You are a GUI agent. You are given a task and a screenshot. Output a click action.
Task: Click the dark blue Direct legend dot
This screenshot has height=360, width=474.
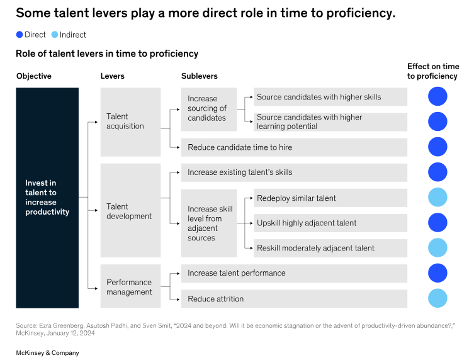20,35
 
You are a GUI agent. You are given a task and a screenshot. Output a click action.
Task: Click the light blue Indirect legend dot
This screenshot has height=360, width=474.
55,35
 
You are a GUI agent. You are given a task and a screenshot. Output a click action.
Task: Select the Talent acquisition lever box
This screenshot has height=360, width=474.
130,122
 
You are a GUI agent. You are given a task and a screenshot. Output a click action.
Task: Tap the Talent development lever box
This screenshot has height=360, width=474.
130,210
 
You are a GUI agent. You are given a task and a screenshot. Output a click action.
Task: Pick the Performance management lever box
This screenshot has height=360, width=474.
130,286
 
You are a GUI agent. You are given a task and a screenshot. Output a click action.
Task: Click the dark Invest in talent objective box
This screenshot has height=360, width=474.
47,198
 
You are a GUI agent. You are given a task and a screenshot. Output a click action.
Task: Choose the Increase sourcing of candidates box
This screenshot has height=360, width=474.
209,110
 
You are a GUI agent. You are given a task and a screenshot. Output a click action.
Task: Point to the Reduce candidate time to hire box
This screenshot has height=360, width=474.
294,147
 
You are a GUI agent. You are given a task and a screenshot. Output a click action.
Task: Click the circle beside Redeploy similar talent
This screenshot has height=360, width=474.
437,197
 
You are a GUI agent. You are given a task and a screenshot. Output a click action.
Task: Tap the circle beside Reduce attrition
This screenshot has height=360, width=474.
437,298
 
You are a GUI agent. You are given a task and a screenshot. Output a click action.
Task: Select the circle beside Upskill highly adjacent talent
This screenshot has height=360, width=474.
437,222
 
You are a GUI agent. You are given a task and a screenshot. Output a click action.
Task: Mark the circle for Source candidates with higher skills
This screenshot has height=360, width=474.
437,96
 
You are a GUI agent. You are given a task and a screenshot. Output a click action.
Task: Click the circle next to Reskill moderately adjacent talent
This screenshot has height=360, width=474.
437,247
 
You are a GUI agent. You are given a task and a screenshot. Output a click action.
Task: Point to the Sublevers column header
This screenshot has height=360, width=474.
200,76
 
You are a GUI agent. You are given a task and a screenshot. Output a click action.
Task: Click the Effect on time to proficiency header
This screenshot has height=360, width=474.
433,71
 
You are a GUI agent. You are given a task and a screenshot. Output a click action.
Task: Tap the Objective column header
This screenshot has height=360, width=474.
34,76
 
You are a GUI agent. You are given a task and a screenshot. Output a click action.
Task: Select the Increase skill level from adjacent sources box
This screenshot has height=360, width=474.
209,223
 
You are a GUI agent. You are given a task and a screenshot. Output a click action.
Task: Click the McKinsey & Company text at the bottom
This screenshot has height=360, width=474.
47,352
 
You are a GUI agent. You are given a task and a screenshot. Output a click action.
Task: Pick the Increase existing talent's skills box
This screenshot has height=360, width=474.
294,172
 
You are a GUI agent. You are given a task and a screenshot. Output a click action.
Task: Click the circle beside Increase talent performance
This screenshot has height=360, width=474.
437,273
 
